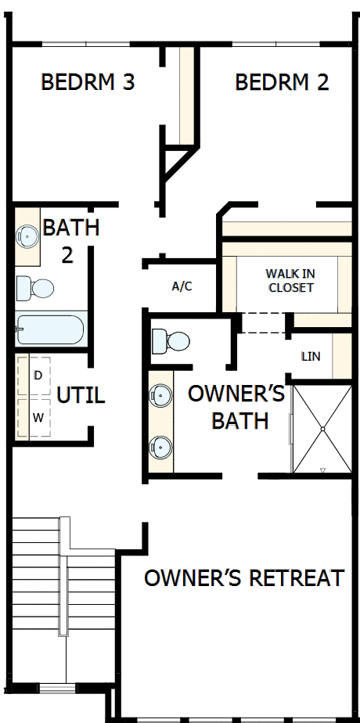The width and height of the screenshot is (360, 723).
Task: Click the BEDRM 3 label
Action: point(88,82)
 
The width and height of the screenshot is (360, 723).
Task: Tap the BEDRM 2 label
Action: point(282,82)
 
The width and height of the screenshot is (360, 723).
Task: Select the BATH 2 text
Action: point(70,241)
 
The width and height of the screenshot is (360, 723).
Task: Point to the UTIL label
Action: point(80,395)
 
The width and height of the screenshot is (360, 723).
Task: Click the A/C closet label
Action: point(182,286)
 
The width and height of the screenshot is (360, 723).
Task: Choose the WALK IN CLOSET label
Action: point(290,281)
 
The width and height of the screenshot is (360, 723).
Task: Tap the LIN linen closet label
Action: point(311,356)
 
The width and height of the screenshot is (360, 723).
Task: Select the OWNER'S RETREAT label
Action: point(244,578)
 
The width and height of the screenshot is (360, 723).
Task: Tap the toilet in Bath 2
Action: point(35,288)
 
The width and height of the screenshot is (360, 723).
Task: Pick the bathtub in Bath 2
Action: point(49,329)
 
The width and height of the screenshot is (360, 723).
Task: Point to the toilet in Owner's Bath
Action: point(171,341)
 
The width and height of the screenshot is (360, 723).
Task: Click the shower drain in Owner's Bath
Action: point(322,430)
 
